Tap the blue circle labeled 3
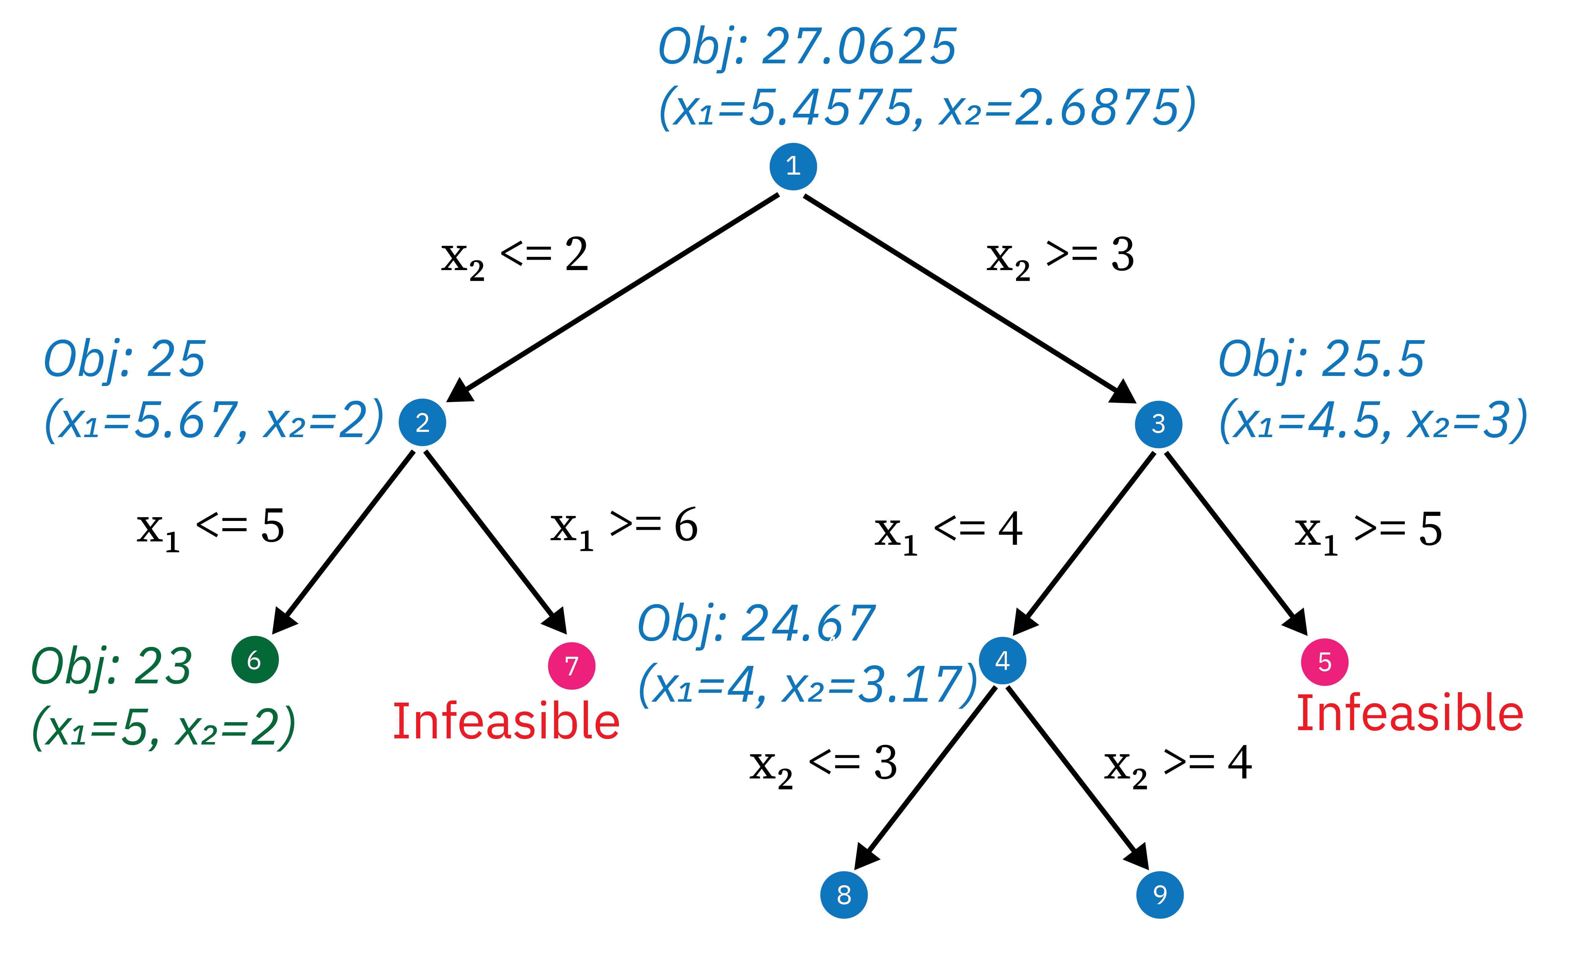1158,424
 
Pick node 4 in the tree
1002,661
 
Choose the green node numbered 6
255,659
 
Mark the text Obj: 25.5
1321,360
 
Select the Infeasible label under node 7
506,722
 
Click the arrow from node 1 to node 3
966,296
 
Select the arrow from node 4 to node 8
927,775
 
